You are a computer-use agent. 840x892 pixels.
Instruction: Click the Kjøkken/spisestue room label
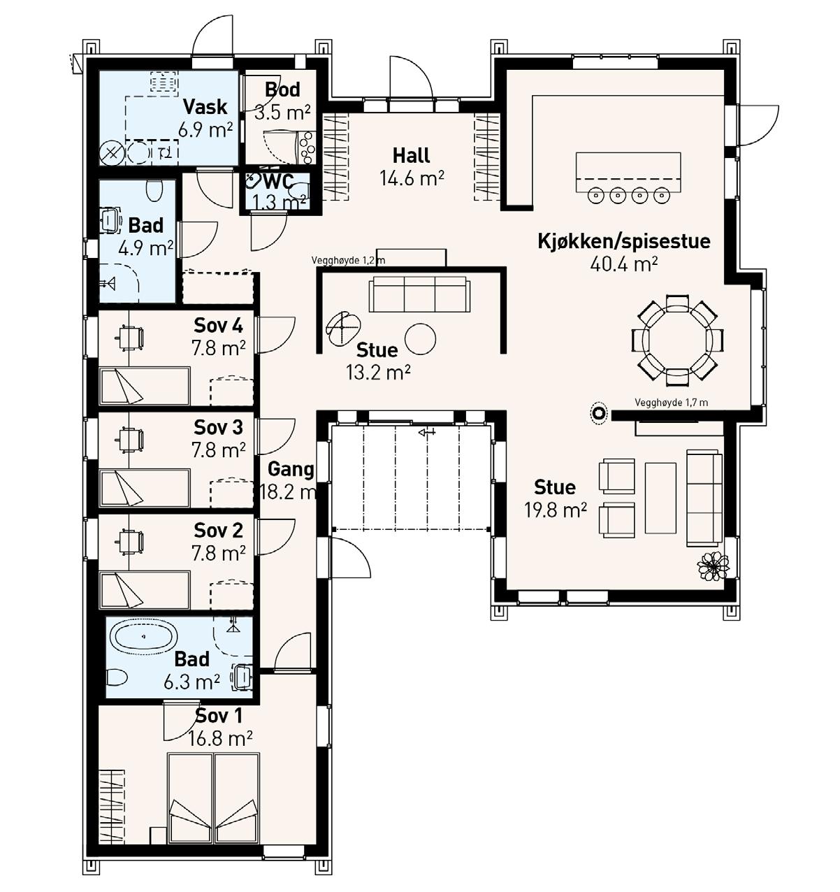[x=623, y=242]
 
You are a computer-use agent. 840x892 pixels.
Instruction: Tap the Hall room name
[x=411, y=155]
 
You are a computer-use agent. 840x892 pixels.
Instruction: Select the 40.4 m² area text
[x=623, y=264]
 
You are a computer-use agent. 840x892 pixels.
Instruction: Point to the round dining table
[x=677, y=340]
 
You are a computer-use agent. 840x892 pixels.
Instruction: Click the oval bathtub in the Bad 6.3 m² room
[x=143, y=636]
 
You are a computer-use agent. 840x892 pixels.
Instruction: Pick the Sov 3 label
[x=218, y=427]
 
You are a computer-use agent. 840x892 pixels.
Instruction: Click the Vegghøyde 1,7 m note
[x=671, y=403]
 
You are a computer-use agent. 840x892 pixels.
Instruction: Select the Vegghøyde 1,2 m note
[x=348, y=260]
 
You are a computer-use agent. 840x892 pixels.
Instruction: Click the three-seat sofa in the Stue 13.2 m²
[x=419, y=294]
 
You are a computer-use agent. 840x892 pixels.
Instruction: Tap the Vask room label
[x=205, y=107]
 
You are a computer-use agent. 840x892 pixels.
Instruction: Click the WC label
[x=279, y=182]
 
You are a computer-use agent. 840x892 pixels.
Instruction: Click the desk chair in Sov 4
[x=131, y=337]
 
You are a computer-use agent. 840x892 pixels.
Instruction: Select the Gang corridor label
[x=290, y=470]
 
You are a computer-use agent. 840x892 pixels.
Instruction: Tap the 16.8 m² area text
[x=219, y=738]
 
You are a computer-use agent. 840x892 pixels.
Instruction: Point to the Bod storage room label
[x=282, y=89]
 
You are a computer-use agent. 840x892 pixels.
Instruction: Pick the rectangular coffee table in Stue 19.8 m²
[x=660, y=498]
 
